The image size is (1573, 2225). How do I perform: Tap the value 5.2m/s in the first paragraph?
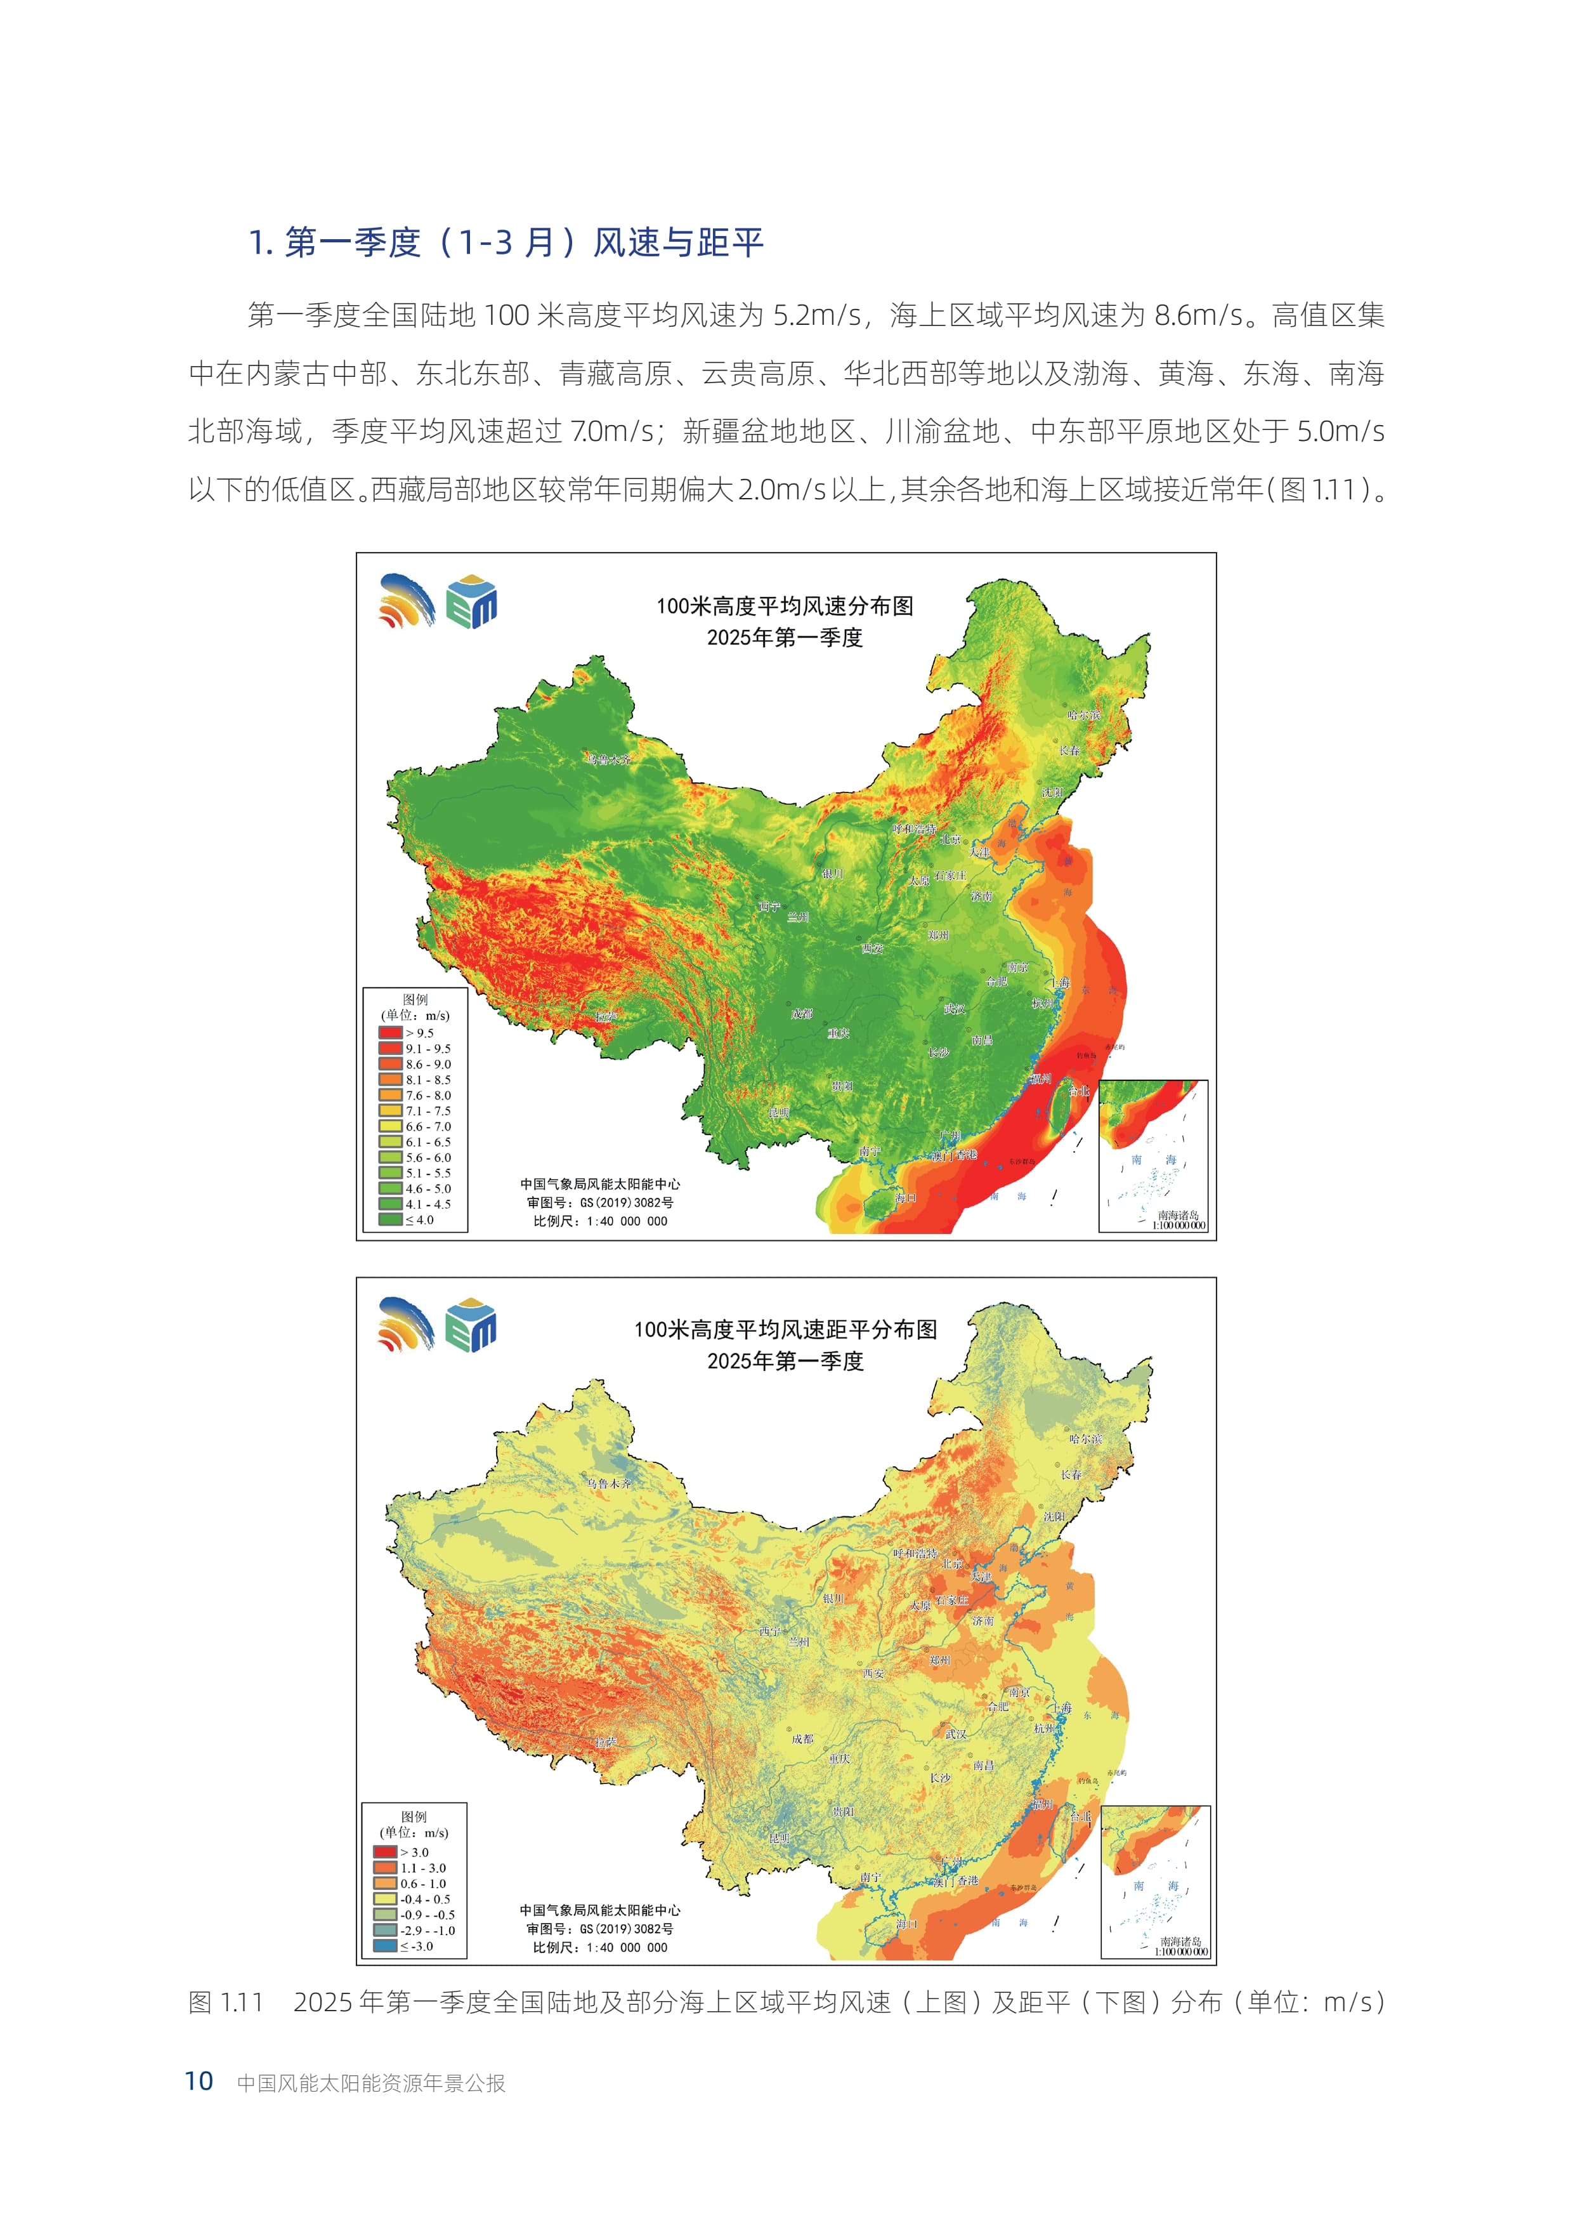(x=816, y=315)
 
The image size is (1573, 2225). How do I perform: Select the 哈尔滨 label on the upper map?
(x=1084, y=715)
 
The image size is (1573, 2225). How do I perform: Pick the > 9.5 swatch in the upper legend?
(x=389, y=1033)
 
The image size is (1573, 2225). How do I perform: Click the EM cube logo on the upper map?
(x=472, y=602)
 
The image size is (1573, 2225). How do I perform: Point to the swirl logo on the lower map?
(x=406, y=1323)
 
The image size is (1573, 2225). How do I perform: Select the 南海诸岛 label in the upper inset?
(x=1178, y=1214)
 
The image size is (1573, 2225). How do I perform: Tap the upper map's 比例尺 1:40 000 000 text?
(x=601, y=1221)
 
